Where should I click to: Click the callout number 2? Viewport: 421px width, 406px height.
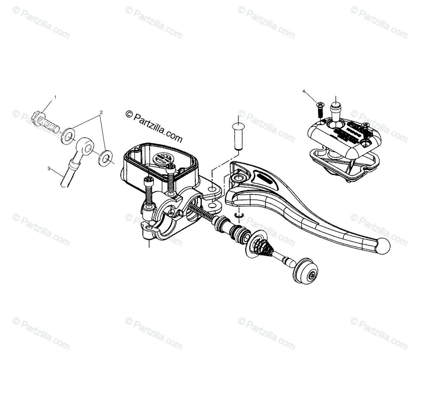pos(101,112)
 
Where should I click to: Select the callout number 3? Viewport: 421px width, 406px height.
pos(49,168)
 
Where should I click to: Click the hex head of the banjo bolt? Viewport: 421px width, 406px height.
pos(37,115)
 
